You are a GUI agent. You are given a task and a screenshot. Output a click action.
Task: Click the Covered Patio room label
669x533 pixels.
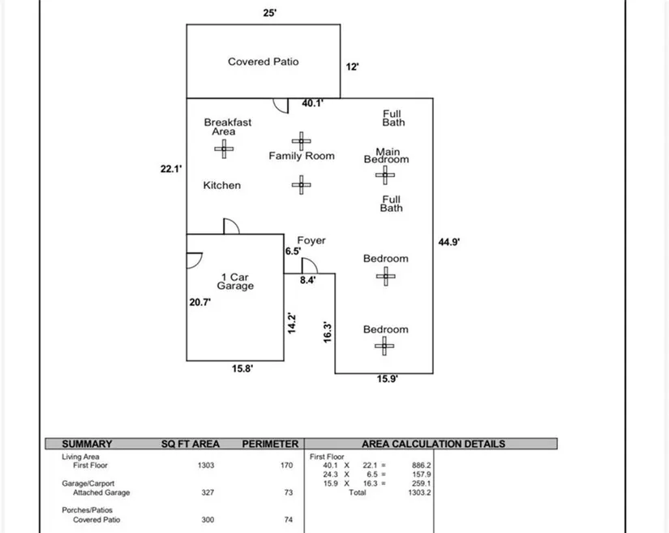coord(263,62)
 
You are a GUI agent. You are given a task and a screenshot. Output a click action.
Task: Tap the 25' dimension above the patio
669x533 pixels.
coord(270,13)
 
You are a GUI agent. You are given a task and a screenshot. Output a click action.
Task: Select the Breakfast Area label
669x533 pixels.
coord(227,127)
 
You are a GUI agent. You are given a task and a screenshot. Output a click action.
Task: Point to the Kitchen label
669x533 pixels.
coord(221,186)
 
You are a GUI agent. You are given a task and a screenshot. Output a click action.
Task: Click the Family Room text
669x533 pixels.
coord(302,156)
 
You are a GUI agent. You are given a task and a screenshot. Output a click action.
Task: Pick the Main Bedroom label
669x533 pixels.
coord(387,156)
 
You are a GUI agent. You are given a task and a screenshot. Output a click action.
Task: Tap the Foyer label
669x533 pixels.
coord(311,241)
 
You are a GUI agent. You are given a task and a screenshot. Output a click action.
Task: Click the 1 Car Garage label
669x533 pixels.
coord(235,282)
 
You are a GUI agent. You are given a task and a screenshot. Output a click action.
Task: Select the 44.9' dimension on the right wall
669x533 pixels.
coord(449,241)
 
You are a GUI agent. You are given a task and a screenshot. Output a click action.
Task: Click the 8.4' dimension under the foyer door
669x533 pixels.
coord(307,280)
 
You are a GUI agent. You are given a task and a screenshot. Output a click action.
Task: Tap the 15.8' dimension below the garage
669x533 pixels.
coord(242,368)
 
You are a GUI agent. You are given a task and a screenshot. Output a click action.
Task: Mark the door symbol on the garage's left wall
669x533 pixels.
coord(194,260)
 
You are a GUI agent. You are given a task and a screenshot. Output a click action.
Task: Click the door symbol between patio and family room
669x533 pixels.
coord(280,105)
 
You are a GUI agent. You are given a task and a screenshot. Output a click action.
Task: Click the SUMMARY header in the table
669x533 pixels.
coord(87,444)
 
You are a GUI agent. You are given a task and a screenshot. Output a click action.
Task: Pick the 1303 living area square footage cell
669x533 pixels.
coord(206,466)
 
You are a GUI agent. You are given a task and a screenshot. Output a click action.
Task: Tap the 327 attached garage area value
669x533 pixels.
coord(208,492)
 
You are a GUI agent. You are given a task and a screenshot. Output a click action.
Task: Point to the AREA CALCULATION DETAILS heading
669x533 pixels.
coord(433,444)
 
